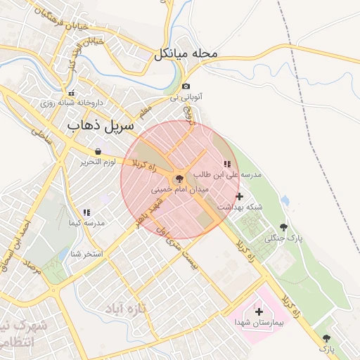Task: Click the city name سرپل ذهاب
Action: [x=101, y=126]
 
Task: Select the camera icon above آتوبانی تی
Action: [x=186, y=86]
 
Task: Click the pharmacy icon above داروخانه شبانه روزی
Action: [x=70, y=93]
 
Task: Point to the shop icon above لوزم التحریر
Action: [x=98, y=151]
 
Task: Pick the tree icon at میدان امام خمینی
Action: [x=178, y=179]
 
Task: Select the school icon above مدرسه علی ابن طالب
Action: [x=227, y=164]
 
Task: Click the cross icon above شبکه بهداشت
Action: [x=240, y=196]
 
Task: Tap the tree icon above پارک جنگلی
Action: [x=283, y=227]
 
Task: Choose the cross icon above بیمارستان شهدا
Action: [x=259, y=311]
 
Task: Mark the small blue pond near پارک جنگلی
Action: [x=285, y=201]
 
